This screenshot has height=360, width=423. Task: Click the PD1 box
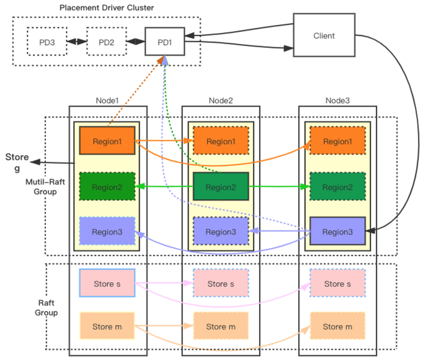tap(165, 42)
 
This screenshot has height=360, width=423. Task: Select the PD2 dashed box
tap(107, 42)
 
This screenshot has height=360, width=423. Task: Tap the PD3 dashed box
tap(47, 42)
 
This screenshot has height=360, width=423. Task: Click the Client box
tap(324, 36)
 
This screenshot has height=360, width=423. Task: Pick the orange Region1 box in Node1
tap(107, 141)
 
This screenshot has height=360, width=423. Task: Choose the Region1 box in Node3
tap(337, 141)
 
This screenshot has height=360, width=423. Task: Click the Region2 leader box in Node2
tap(221, 187)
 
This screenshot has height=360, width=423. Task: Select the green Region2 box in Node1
tap(107, 187)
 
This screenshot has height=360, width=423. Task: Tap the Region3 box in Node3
tap(337, 232)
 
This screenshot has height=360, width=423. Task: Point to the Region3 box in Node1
tap(107, 232)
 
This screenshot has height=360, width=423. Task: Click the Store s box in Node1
tap(107, 283)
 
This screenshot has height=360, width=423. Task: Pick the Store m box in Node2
tap(221, 326)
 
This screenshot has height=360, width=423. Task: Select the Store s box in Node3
tap(337, 283)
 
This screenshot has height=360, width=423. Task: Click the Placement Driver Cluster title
tap(107, 7)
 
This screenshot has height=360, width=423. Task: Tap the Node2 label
tap(221, 100)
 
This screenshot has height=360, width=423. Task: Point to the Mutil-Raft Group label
tap(41, 186)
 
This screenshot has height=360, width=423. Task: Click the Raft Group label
tap(46, 308)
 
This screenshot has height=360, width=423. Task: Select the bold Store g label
tap(17, 162)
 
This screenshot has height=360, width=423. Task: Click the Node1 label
tap(107, 100)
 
